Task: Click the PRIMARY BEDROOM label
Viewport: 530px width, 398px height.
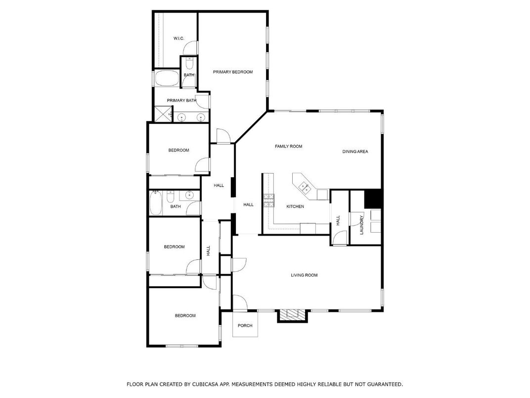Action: click(x=232, y=72)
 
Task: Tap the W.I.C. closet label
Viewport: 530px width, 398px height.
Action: click(x=178, y=39)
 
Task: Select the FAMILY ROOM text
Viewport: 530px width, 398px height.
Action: click(x=288, y=147)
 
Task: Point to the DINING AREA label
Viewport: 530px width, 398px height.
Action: click(x=355, y=151)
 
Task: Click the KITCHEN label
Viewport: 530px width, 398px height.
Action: click(x=295, y=206)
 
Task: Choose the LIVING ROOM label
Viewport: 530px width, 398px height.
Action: click(x=304, y=275)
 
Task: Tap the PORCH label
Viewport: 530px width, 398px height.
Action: click(x=245, y=326)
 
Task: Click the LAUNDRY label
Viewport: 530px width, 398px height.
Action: click(x=361, y=225)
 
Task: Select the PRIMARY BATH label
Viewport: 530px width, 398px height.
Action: click(x=181, y=100)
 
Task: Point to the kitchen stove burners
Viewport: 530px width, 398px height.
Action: click(x=269, y=199)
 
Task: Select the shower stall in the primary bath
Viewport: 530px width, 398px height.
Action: click(x=162, y=114)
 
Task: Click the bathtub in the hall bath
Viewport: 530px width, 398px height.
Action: click(x=156, y=203)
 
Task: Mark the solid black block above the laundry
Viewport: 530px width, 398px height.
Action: click(x=373, y=199)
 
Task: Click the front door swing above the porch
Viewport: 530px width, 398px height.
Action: click(x=240, y=302)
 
